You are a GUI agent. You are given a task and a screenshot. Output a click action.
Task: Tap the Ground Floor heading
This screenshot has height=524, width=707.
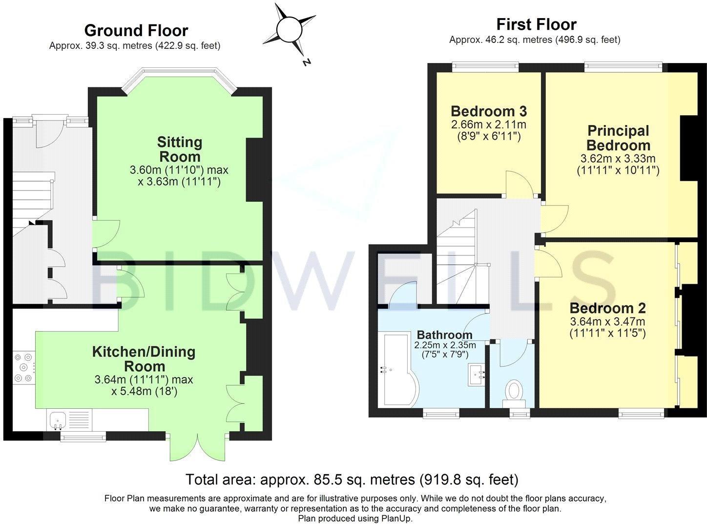click(x=136, y=31)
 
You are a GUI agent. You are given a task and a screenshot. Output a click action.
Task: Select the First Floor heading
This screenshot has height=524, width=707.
click(x=537, y=24)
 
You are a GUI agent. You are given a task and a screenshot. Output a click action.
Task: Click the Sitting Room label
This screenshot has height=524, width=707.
click(x=180, y=149)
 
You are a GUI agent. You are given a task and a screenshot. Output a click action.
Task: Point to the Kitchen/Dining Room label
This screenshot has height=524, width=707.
click(x=144, y=359)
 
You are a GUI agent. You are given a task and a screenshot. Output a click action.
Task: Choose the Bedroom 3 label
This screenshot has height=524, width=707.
click(x=489, y=111)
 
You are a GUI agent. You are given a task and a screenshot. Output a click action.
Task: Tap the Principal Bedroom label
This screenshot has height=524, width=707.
click(x=618, y=138)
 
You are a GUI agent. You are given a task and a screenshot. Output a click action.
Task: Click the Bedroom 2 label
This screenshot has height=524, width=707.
click(x=607, y=308)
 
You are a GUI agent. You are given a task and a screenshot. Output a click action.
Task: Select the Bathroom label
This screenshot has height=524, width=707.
click(x=445, y=335)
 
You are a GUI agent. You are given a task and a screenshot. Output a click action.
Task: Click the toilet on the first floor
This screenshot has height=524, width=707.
click(x=514, y=394)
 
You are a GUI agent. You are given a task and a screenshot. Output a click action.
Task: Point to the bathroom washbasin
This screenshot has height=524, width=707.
click(x=477, y=375)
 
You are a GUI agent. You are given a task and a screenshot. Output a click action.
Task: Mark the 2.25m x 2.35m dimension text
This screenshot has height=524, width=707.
click(x=445, y=345)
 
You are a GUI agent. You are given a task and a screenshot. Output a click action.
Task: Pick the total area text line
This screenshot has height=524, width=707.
click(x=352, y=480)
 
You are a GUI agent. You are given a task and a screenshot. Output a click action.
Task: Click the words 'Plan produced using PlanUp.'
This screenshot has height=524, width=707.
click(x=355, y=519)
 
